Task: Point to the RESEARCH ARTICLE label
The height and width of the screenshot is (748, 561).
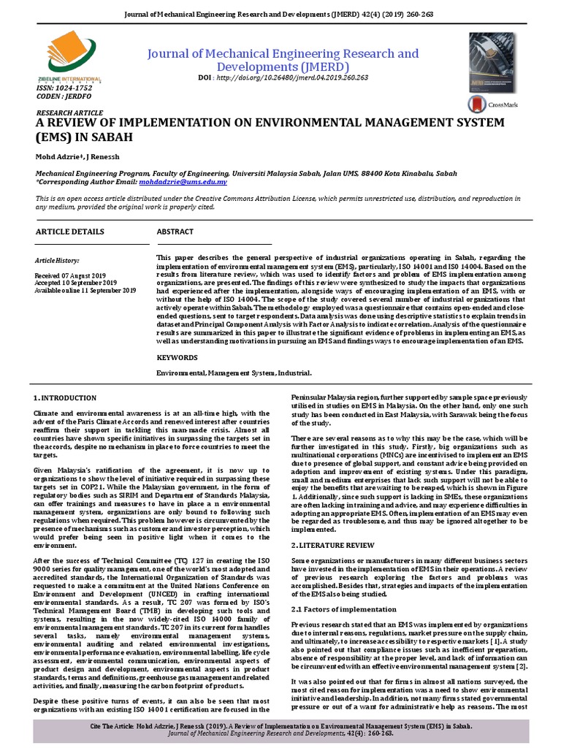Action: [69, 114]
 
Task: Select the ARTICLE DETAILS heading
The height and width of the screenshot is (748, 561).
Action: [70, 232]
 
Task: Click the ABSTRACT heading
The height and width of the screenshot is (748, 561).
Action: [175, 232]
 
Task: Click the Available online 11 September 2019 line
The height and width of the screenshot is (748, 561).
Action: [85, 290]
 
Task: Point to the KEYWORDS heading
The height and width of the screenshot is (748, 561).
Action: [178, 358]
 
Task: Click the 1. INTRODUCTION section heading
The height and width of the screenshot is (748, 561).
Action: [65, 398]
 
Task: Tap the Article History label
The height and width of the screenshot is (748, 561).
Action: [58, 260]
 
